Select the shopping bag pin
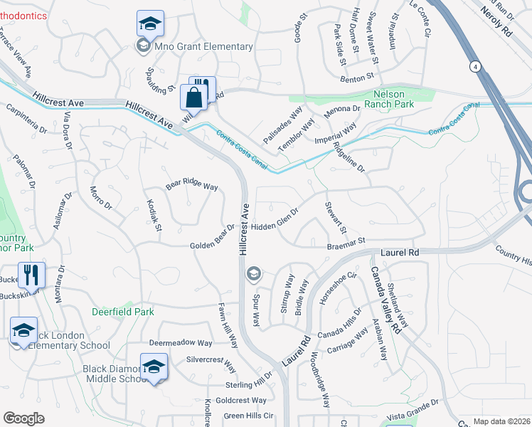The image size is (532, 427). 193,99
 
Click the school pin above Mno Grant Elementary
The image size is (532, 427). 150,26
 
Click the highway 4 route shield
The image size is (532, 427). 474,66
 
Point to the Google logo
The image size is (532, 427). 23,418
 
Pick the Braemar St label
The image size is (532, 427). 346,243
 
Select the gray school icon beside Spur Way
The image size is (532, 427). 252,274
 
